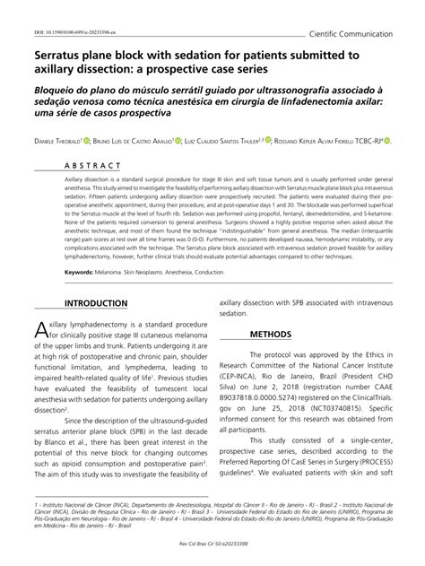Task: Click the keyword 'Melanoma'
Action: [115, 271]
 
